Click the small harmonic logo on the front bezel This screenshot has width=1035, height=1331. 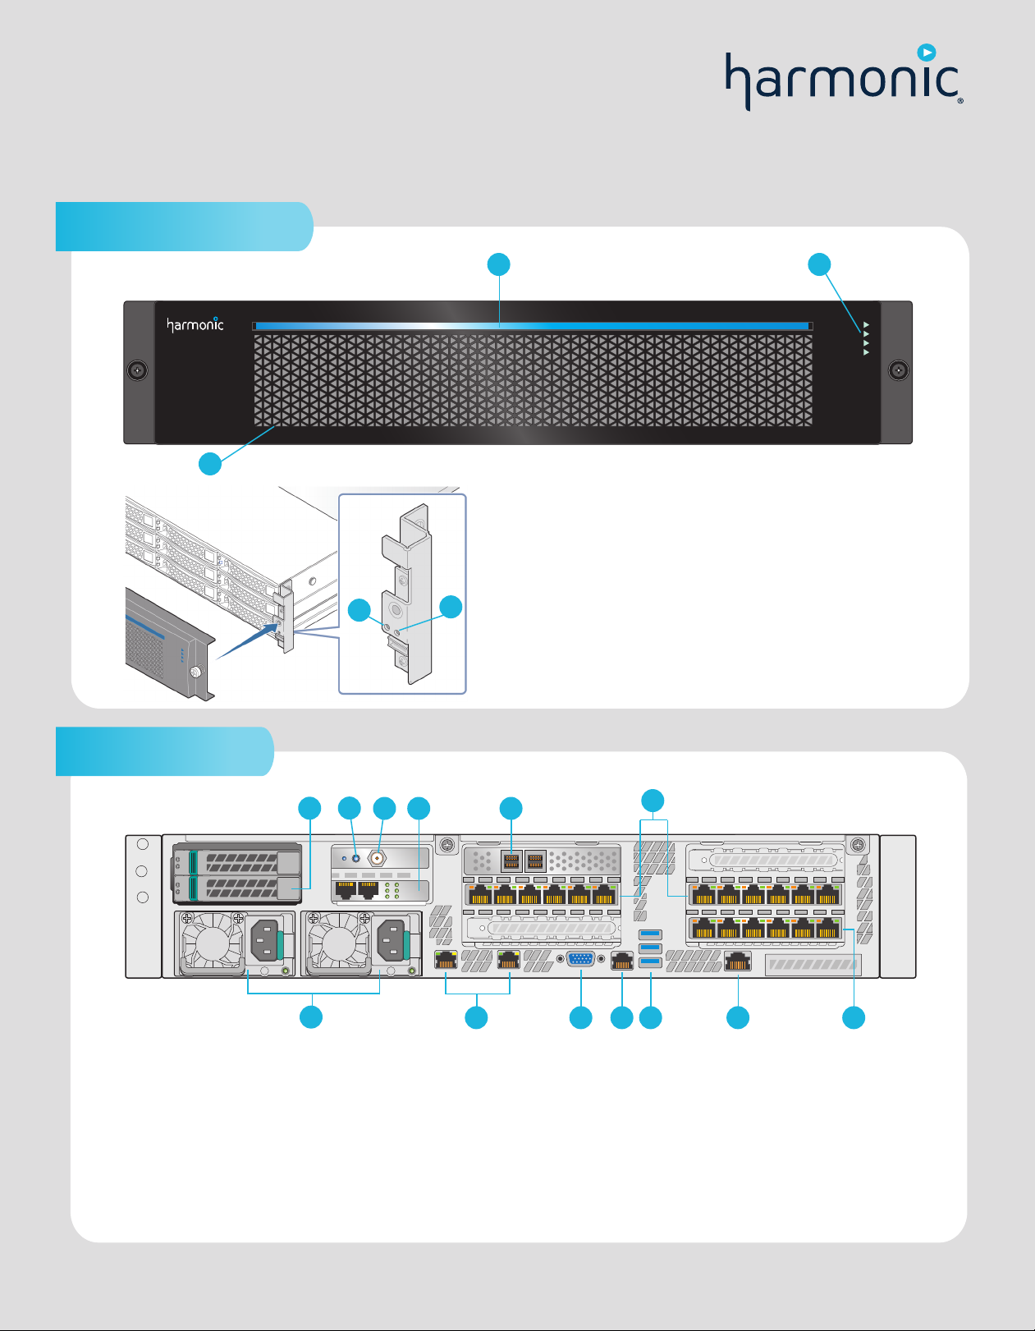pos(195,324)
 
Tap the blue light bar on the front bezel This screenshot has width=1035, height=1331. pos(532,326)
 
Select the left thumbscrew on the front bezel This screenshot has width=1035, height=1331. pos(138,370)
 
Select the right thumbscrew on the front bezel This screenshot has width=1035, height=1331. pos(899,370)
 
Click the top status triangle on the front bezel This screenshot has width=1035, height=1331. pos(866,325)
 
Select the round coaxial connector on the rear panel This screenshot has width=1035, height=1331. pos(378,858)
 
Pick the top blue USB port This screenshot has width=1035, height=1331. pos(650,934)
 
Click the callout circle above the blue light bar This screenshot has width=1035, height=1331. pos(498,264)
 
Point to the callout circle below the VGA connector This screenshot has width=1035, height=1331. pos(581,1018)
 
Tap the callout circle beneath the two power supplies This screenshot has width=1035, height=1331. pos(310,1018)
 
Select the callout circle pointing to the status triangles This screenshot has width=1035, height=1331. pos(819,264)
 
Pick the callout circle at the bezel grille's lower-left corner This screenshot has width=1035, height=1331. pos(210,464)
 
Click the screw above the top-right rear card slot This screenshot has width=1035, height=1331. pos(858,844)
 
